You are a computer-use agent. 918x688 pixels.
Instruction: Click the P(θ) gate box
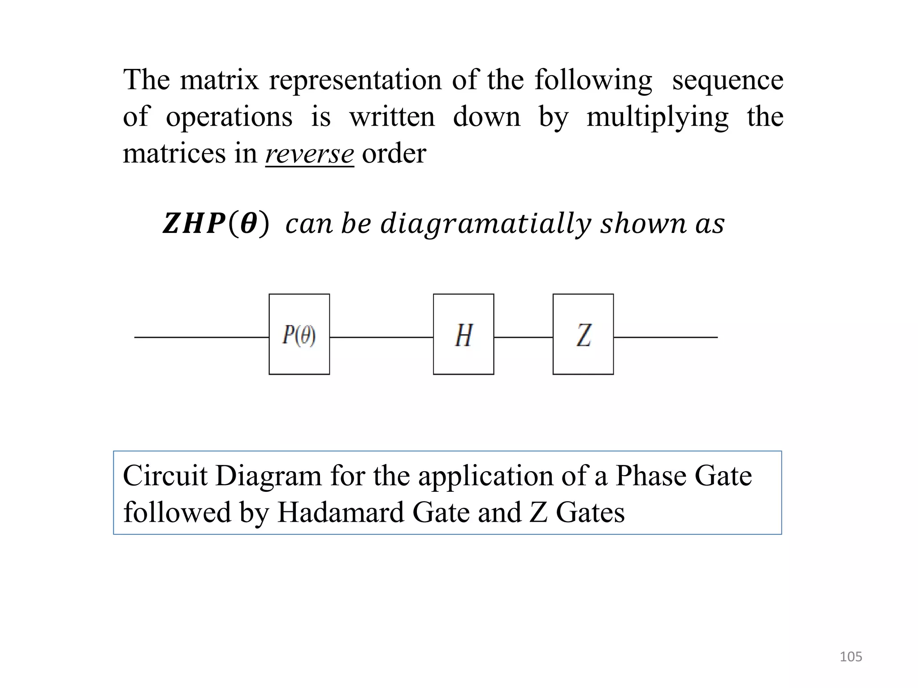(299, 334)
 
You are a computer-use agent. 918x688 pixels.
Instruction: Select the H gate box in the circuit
(463, 334)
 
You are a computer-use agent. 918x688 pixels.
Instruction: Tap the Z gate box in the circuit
(583, 334)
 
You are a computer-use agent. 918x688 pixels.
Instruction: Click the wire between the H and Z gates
(523, 337)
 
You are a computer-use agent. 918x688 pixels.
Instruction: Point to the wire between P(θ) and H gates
(381, 337)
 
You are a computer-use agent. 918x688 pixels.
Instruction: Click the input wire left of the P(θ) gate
(202, 337)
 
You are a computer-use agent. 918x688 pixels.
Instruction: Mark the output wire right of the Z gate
(665, 337)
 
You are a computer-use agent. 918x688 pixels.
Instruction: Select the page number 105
(850, 657)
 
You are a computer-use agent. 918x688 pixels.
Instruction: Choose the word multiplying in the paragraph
(657, 117)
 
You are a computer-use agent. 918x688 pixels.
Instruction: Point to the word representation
(355, 81)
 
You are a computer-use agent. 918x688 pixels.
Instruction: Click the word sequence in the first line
(727, 81)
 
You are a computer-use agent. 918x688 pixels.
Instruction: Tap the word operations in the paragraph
(229, 117)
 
